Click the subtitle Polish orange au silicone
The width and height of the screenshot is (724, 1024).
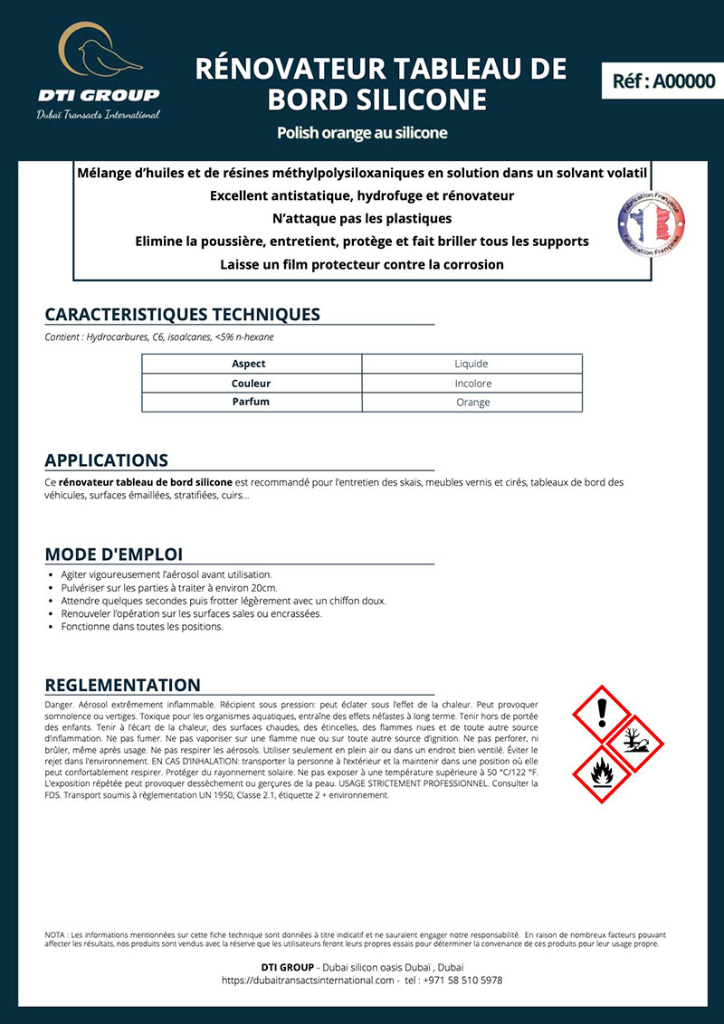(x=362, y=133)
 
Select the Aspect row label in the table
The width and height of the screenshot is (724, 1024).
(x=249, y=364)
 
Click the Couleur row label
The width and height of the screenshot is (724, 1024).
(x=251, y=384)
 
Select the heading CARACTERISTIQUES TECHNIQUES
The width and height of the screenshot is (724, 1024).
(x=182, y=315)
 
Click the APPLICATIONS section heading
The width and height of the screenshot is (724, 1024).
(x=106, y=460)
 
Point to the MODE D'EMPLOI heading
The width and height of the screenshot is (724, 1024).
(x=113, y=554)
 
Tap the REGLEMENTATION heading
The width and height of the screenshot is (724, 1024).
(x=122, y=685)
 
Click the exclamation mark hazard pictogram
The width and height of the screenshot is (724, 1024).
(x=602, y=716)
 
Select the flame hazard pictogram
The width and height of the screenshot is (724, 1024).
(x=602, y=774)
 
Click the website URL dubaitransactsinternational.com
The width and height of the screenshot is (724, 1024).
(x=309, y=981)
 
